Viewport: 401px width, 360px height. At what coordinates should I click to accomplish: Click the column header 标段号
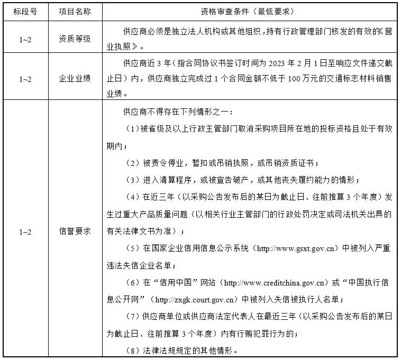pyautogui.click(x=25, y=11)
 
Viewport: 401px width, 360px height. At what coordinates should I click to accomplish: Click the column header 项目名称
pyautogui.click(x=75, y=11)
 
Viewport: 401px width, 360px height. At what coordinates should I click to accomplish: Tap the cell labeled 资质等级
pyautogui.click(x=75, y=39)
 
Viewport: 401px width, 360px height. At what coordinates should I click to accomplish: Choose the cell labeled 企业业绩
pyautogui.click(x=75, y=79)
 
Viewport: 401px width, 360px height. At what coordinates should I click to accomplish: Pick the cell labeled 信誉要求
pyautogui.click(x=75, y=232)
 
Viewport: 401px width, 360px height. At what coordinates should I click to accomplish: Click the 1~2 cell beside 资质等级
pyautogui.click(x=25, y=39)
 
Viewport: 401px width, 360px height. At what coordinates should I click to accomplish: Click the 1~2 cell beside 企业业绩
pyautogui.click(x=25, y=79)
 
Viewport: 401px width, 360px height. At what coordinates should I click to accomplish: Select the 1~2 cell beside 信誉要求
pyautogui.click(x=25, y=232)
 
